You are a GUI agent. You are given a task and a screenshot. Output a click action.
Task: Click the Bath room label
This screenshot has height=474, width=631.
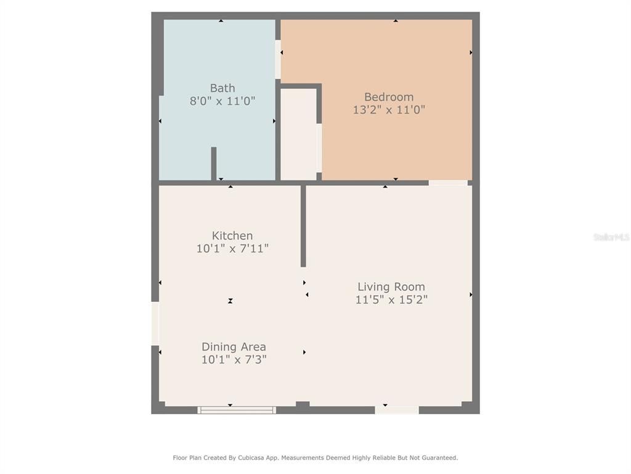click(222, 88)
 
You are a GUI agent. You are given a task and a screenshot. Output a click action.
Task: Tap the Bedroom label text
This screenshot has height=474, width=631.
click(389, 97)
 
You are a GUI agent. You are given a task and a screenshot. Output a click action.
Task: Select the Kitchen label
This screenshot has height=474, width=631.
click(232, 235)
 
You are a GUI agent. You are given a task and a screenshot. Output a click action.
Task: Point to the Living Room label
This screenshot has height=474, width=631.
click(391, 287)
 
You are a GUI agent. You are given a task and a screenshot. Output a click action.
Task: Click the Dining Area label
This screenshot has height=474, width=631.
click(234, 347)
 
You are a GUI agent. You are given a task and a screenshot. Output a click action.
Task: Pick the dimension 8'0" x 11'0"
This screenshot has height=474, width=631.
click(222, 101)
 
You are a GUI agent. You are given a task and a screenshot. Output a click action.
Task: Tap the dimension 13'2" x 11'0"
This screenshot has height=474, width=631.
click(389, 110)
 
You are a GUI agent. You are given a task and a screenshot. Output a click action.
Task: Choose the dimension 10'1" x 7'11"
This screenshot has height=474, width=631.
click(232, 248)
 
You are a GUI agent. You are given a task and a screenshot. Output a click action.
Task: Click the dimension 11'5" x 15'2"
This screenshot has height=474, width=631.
click(391, 299)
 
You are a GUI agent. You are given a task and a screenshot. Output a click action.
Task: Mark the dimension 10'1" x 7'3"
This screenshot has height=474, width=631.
click(234, 359)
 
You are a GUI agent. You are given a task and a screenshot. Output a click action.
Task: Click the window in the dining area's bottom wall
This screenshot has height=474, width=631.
click(237, 410)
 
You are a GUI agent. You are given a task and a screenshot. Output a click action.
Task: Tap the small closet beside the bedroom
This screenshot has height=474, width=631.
click(298, 134)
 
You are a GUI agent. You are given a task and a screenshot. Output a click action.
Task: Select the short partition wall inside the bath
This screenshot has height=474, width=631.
click(214, 164)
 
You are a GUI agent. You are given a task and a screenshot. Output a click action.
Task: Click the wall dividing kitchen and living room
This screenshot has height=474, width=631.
click(303, 226)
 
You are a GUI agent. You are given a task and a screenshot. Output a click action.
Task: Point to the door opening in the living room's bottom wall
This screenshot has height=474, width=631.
click(397, 410)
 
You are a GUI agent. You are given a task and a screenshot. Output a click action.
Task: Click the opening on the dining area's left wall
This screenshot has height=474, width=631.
click(155, 323)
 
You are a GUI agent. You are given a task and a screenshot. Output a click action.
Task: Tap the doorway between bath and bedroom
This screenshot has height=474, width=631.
click(278, 59)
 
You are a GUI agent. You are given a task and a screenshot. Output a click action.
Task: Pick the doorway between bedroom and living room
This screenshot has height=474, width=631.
click(448, 183)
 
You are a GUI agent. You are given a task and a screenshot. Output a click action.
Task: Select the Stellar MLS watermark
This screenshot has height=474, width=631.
click(611, 238)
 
